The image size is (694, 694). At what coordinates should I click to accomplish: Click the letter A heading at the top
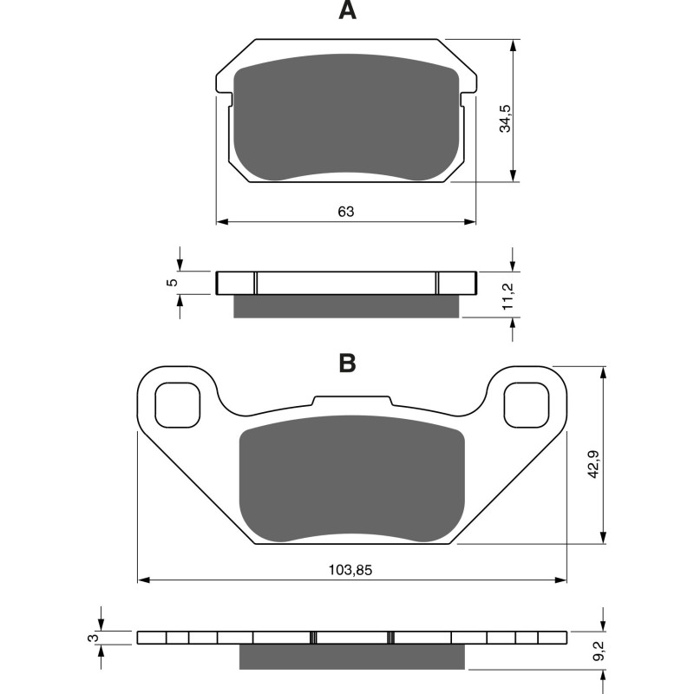347,11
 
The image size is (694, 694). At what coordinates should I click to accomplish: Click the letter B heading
347,363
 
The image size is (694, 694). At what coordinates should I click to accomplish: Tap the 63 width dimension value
347,212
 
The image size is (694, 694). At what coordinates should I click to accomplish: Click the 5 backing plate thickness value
172,283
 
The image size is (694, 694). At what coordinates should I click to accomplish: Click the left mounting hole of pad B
177,404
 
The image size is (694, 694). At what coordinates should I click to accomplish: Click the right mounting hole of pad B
527,404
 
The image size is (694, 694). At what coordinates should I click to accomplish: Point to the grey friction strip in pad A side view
347,306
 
